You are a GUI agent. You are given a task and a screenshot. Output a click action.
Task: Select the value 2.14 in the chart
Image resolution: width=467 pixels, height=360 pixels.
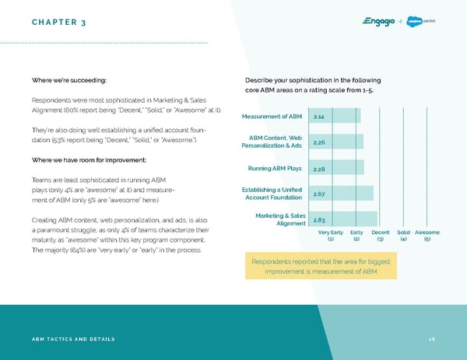coord(319,117)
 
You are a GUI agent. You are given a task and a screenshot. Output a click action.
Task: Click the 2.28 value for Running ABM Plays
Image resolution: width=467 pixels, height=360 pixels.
coord(319,169)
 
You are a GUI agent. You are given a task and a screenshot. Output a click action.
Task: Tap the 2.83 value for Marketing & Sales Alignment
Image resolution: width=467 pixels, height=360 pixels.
coord(319,220)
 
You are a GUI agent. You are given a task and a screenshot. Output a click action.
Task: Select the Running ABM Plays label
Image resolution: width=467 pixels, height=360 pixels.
coord(275,169)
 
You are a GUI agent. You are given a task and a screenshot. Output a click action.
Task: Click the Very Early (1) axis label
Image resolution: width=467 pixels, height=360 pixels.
coord(331,236)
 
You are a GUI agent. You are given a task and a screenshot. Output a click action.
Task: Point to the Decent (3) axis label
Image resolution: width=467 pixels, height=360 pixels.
coord(381,236)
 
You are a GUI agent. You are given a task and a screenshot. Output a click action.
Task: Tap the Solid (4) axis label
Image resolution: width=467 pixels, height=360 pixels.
coord(403,236)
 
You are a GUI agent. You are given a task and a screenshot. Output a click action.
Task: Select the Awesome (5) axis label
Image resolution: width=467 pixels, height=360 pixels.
coord(427,236)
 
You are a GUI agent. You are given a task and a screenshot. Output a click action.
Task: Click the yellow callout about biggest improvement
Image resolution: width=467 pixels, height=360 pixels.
coord(321,266)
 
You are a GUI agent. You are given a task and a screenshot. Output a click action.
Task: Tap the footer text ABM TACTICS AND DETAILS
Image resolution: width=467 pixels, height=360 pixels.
coord(73,340)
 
